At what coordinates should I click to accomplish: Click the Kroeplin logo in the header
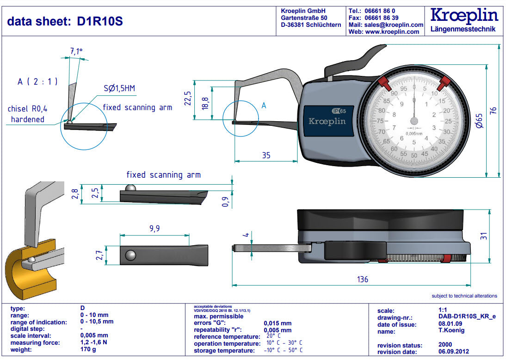[x=463, y=16]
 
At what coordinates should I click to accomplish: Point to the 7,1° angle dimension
[x=76, y=51]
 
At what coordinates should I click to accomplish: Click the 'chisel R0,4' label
[x=27, y=109]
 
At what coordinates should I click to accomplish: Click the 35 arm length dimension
[x=266, y=155]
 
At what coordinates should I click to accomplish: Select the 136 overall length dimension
[x=363, y=279]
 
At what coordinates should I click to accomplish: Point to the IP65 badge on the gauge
[x=339, y=111]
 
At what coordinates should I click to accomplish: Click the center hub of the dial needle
[x=414, y=121]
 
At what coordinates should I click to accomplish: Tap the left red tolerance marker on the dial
[x=383, y=83]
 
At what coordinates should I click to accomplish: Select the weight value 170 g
[x=88, y=349]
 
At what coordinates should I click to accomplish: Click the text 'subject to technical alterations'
[x=464, y=296]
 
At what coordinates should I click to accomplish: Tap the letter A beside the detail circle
[x=264, y=106]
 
